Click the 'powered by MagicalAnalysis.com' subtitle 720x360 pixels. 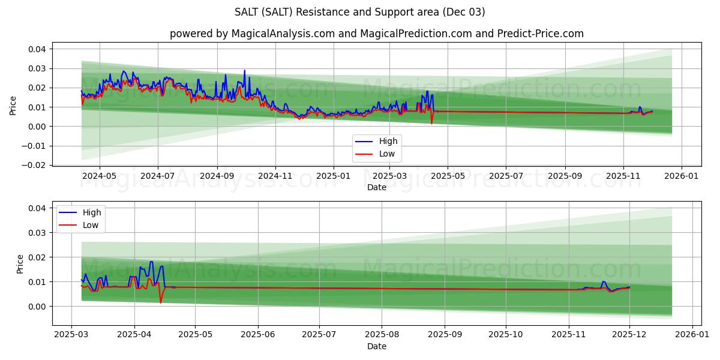[x=376, y=34]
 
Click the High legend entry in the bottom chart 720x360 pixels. [x=92, y=212]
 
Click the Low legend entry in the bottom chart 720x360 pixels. [x=91, y=225]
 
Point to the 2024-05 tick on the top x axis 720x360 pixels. [x=99, y=176]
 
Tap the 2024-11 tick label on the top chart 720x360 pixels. [x=275, y=176]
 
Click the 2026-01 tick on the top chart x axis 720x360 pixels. [x=682, y=176]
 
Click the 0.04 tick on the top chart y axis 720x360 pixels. [x=37, y=49]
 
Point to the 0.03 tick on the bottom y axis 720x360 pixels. [x=37, y=233]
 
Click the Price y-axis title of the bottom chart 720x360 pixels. [x=20, y=264]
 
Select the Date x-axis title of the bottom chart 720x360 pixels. [x=376, y=346]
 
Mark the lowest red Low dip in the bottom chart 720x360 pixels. [x=161, y=302]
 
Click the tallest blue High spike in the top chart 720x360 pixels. [x=244, y=70]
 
